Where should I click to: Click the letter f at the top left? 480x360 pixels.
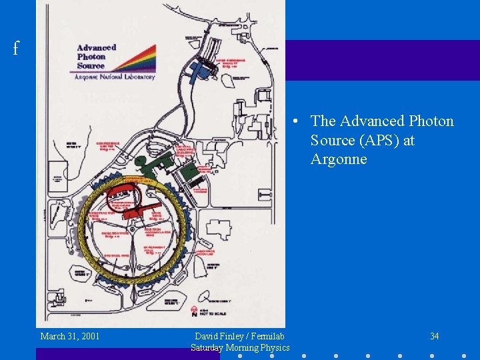click(15, 48)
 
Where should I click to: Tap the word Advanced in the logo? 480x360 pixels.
click(97, 47)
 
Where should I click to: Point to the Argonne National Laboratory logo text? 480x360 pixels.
click(115, 77)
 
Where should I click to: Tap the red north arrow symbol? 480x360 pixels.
click(195, 311)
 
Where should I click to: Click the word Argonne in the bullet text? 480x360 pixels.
click(339, 159)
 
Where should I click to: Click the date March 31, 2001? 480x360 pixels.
click(70, 336)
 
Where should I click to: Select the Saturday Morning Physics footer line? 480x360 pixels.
click(240, 347)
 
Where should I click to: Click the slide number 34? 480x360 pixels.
click(434, 336)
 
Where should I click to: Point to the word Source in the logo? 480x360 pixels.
click(91, 66)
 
